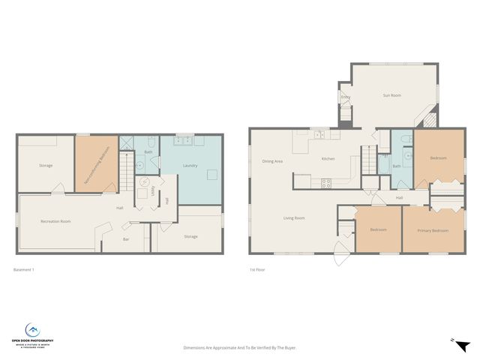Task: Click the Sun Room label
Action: pyautogui.click(x=391, y=96)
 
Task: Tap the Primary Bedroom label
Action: pyautogui.click(x=433, y=230)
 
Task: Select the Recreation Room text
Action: pyautogui.click(x=55, y=221)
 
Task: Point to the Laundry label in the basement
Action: pyautogui.click(x=190, y=165)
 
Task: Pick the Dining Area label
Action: pyautogui.click(x=272, y=161)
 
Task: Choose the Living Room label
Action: pyautogui.click(x=293, y=218)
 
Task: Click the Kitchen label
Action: pyautogui.click(x=328, y=159)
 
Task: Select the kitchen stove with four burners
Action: pyautogui.click(x=326, y=182)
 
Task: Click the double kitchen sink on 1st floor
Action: pyautogui.click(x=320, y=136)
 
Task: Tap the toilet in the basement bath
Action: pyautogui.click(x=151, y=142)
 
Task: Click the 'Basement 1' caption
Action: pyautogui.click(x=24, y=270)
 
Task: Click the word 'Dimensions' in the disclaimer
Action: pyautogui.click(x=196, y=347)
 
